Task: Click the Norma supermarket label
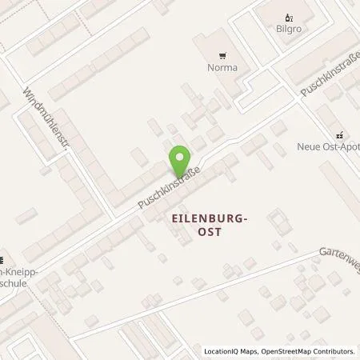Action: click(x=219, y=68)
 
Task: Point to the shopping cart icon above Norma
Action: click(x=219, y=55)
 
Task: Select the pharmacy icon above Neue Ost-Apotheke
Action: click(x=340, y=134)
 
